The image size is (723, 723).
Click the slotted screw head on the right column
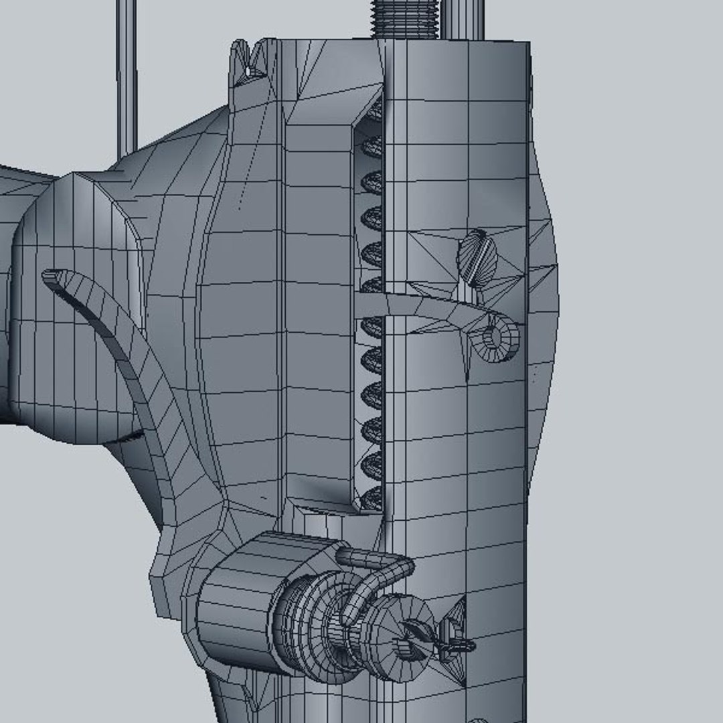pyautogui.click(x=477, y=257)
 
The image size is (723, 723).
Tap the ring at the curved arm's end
pyautogui.click(x=496, y=340)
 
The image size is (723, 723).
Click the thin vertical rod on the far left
pyautogui.click(x=127, y=74)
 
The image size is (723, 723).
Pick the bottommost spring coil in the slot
pyautogui.click(x=372, y=496)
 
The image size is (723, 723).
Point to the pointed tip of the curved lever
pyautogui.click(x=51, y=275)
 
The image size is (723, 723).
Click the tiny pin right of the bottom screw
pyautogui.click(x=458, y=645)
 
